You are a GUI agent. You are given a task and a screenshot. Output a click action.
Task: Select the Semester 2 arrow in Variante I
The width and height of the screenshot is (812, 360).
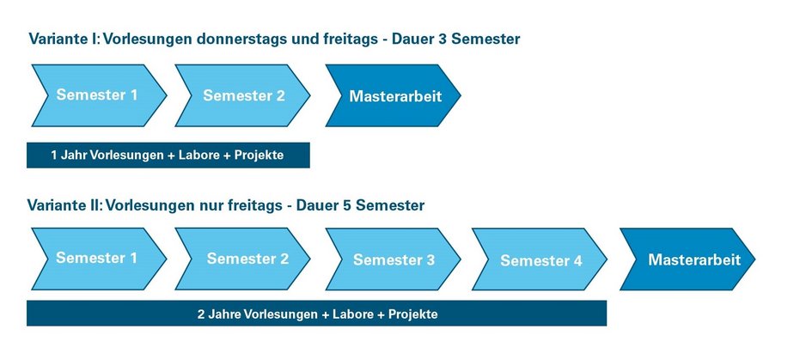242,95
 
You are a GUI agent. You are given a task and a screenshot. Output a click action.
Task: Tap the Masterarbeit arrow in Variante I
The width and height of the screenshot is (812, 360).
393,95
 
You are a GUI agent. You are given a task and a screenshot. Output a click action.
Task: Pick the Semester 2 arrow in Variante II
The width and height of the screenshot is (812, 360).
242,259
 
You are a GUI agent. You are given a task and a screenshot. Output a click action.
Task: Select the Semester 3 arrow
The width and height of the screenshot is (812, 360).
393,259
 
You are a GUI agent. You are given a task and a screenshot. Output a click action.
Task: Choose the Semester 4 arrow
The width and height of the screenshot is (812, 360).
540,259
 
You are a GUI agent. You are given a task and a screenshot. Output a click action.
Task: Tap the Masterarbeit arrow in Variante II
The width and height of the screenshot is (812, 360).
687,259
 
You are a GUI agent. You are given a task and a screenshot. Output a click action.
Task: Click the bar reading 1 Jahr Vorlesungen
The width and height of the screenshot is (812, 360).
168,155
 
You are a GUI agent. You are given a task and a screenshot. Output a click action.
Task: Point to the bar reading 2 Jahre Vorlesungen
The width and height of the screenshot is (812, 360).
316,314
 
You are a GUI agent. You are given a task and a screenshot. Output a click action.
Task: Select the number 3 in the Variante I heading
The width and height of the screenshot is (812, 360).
442,40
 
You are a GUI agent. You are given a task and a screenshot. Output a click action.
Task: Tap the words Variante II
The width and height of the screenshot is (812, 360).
64,205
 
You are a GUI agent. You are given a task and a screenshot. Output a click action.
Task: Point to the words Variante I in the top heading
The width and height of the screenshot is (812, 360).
64,40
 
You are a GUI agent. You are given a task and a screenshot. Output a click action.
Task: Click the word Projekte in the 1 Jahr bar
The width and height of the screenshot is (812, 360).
259,156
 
